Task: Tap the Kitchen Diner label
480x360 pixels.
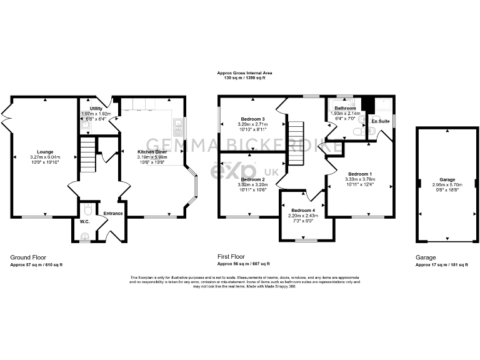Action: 152,151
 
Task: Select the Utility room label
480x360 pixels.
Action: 96,109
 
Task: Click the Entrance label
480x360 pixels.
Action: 113,214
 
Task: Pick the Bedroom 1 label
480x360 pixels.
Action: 360,174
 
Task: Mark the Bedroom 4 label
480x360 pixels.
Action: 303,211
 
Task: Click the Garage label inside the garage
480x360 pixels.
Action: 447,179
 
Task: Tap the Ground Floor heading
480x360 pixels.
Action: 28,257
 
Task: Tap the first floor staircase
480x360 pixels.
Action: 296,143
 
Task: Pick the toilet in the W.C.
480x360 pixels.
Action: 87,208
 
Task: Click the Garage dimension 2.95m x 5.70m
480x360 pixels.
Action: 447,185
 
